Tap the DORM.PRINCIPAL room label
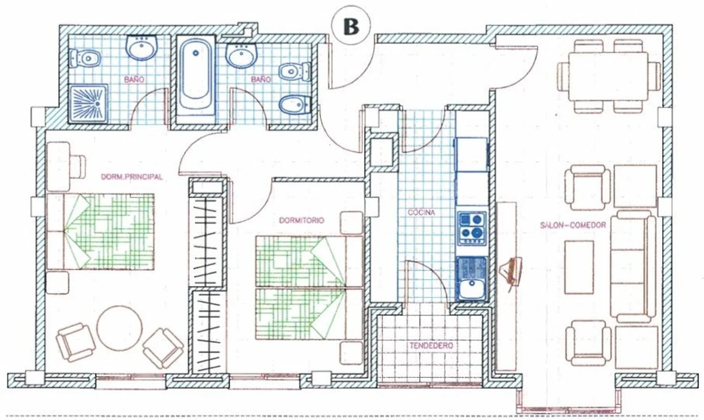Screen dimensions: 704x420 tap(132, 177)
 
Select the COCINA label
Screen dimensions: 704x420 tap(421, 212)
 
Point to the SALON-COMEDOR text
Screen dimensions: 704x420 tap(573, 225)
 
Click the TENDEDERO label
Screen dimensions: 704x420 tap(431, 345)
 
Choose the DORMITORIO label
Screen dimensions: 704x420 tap(301, 220)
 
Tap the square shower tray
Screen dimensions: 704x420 tap(88, 104)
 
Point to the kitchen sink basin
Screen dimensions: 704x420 tap(472, 288)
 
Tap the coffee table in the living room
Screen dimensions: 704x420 tap(579, 267)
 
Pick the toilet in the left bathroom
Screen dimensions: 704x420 tap(85, 59)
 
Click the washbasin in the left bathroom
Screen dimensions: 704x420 tap(142, 47)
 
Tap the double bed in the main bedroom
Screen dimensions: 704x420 tap(100, 232)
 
